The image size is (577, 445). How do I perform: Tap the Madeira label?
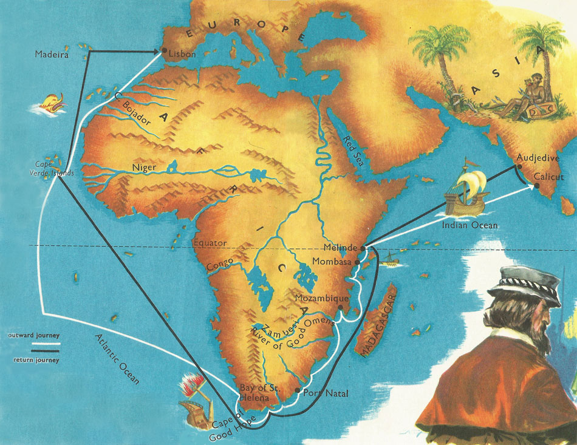click(52, 55)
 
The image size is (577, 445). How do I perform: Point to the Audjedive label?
click(537, 158)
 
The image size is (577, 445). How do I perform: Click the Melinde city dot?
click(363, 248)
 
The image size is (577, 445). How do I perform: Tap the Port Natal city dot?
click(297, 390)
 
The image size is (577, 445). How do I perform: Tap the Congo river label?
click(220, 266)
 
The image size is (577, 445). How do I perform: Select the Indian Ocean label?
click(469, 225)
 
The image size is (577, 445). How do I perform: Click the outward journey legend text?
click(33, 335)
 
